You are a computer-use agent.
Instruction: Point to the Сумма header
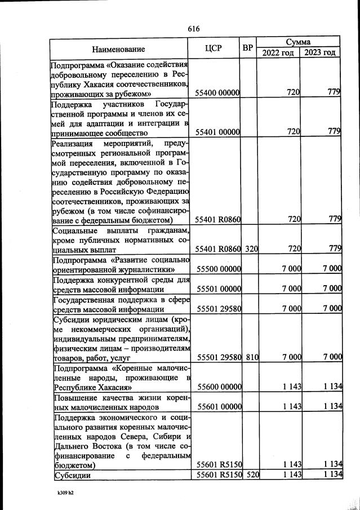(299, 42)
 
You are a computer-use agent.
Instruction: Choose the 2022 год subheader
(278, 53)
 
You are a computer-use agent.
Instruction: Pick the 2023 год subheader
(320, 53)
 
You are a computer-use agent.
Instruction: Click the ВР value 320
(251, 248)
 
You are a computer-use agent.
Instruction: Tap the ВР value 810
(251, 357)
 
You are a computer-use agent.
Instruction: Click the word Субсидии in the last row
(70, 475)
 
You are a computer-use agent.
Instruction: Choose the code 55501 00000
(218, 289)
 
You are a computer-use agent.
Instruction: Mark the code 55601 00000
(218, 406)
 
